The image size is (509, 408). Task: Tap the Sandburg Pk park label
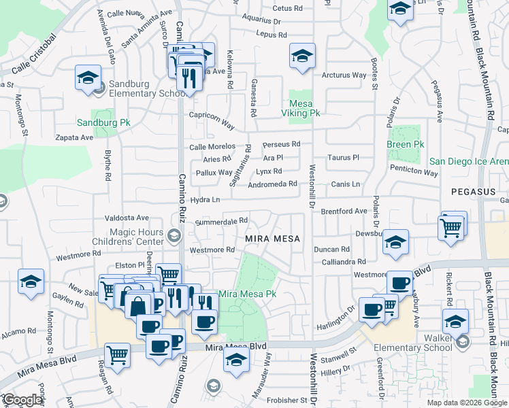click(x=103, y=122)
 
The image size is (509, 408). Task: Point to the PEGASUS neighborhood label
click(x=473, y=192)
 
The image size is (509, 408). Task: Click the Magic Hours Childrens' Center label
click(x=129, y=237)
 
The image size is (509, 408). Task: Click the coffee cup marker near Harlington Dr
click(x=371, y=309)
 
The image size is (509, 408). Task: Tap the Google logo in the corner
click(x=22, y=401)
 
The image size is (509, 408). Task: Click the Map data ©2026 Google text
click(x=467, y=403)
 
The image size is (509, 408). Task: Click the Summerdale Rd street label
click(x=221, y=222)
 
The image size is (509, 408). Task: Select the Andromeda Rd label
click(x=273, y=184)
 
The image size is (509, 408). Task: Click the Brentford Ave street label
click(x=344, y=211)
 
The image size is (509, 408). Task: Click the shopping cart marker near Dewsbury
click(x=451, y=228)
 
